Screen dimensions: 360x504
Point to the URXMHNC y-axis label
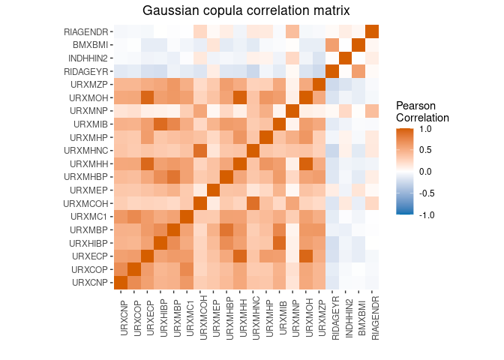(87, 151)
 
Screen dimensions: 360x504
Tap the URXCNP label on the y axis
(90, 283)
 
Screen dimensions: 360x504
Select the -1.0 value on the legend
(428, 214)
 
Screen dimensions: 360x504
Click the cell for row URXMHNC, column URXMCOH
(200, 150)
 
